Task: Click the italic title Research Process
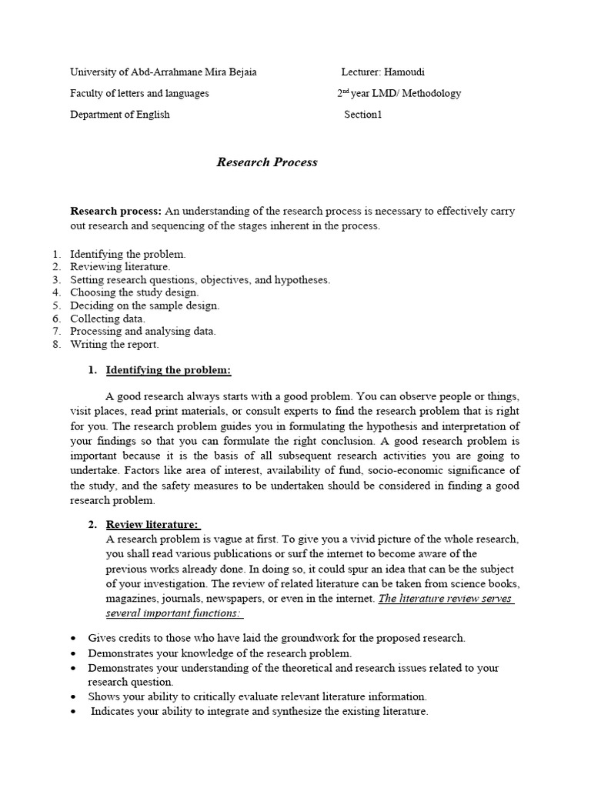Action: (266, 162)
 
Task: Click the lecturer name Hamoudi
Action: (403, 72)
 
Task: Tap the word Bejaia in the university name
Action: (240, 72)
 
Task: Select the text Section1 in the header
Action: (362, 115)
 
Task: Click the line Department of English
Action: (120, 115)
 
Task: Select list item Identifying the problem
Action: (128, 253)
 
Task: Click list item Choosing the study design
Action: (134, 292)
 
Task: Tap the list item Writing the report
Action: (114, 345)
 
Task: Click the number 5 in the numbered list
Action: (56, 306)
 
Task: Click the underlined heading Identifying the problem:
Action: (168, 370)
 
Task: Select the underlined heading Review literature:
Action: (152, 525)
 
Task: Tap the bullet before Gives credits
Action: (72, 639)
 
